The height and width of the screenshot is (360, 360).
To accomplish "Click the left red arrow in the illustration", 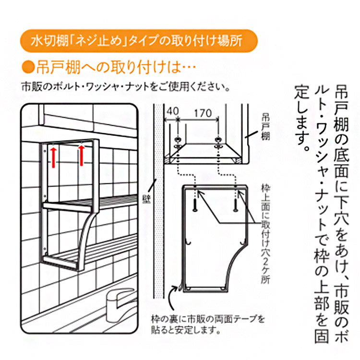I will click(53, 157).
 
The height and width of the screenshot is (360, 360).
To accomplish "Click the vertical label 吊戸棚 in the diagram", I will click(265, 126).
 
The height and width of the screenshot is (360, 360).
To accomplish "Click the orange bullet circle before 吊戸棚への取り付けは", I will click(28, 66).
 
